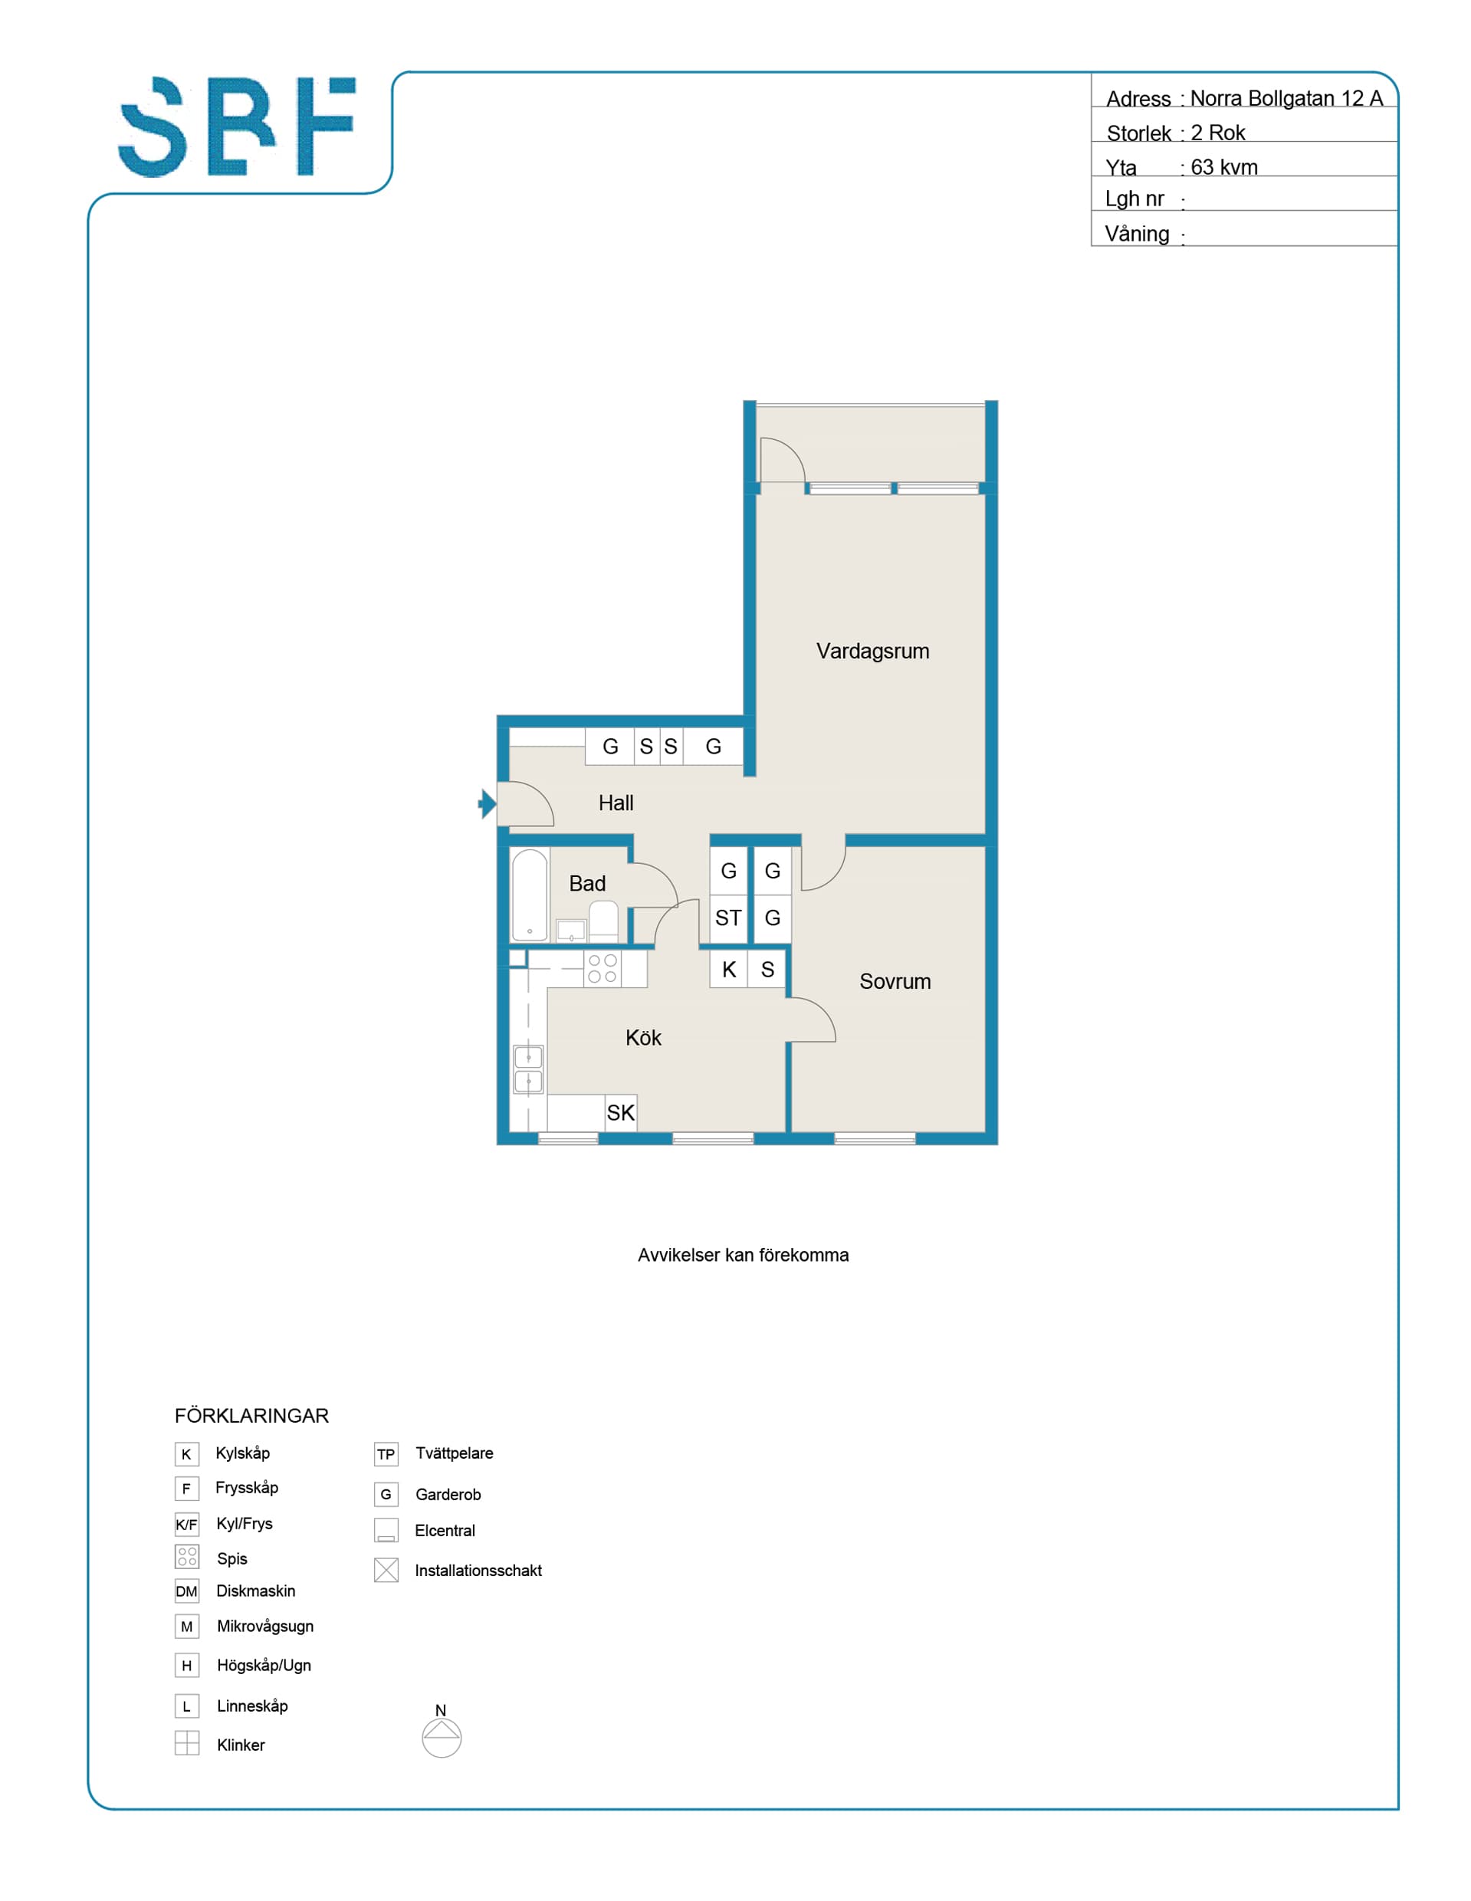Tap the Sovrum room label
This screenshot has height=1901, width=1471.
point(895,982)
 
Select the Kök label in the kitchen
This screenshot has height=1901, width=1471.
point(643,1038)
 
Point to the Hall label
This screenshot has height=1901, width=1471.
point(616,803)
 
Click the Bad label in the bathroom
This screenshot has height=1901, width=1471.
point(586,884)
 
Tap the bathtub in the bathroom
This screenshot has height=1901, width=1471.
point(529,895)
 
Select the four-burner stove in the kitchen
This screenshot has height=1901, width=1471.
point(603,969)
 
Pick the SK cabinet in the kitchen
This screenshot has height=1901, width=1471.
point(621,1113)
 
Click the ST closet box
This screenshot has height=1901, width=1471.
point(728,918)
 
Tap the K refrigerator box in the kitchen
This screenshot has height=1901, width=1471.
point(728,970)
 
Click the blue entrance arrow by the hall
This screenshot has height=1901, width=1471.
point(488,803)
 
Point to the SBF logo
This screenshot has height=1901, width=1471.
point(237,127)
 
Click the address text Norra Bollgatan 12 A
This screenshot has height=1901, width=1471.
point(1286,98)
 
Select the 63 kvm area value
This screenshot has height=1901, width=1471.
point(1224,167)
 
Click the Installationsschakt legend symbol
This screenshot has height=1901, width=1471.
point(386,1570)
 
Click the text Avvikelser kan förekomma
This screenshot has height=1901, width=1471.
point(744,1255)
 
